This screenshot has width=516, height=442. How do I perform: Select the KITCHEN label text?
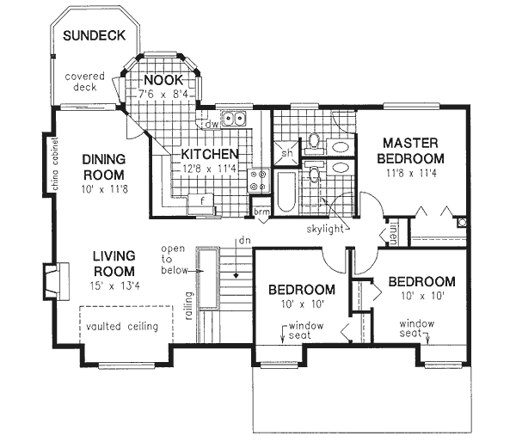209,155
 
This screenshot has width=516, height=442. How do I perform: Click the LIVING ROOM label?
116,263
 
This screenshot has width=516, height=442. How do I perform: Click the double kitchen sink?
232,120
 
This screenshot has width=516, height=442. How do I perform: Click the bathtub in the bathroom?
285,191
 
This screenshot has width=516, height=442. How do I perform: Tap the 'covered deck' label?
85,82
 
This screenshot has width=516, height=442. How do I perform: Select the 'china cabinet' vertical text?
53,163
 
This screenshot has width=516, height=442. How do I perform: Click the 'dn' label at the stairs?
245,240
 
